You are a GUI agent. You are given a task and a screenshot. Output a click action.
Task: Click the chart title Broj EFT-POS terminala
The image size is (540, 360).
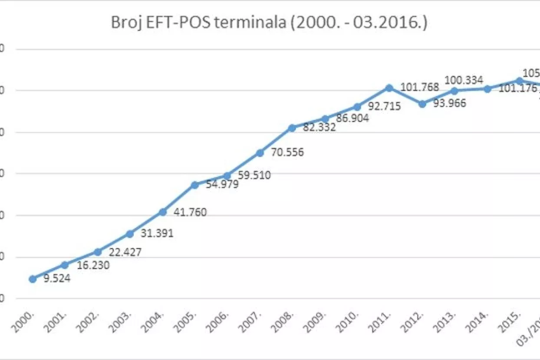tap(269, 23)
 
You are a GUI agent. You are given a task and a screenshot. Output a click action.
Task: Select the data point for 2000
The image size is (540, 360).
tap(33, 279)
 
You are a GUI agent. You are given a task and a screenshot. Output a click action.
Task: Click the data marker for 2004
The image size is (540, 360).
tap(162, 212)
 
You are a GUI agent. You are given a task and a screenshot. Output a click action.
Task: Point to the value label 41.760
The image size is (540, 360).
tap(190, 213)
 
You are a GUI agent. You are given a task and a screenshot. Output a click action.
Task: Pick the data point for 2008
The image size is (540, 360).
tap(292, 128)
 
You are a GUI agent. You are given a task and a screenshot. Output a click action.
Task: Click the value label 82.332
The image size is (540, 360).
tap(319, 128)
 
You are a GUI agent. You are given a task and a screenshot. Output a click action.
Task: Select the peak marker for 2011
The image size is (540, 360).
tap(389, 88)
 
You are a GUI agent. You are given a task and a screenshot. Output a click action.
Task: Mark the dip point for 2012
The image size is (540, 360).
tap(422, 104)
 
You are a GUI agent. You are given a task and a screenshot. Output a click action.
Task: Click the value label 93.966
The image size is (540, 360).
tap(450, 104)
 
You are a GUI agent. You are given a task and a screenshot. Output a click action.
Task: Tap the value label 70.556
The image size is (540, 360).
tap(287, 153)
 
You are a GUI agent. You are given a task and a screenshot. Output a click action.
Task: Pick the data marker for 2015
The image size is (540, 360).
tap(519, 80)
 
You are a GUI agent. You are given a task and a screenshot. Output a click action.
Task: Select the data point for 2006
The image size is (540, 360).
tap(227, 176)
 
